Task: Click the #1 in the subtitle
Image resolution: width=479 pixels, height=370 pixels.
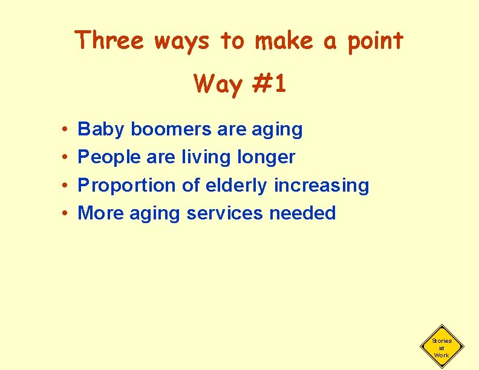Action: coord(269,84)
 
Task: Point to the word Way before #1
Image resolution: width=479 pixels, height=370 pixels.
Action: coord(218,85)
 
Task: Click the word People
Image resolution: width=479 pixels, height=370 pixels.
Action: coord(110,158)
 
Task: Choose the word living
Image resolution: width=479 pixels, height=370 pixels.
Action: coord(209,158)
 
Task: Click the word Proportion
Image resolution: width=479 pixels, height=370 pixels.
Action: coord(127,186)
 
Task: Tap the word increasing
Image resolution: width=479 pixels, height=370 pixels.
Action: coord(321,186)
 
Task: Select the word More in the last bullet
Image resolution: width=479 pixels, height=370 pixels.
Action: coord(99,213)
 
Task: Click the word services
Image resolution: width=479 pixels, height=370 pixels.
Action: coord(224,213)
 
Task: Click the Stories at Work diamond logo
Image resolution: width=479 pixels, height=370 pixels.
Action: coord(442,348)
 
